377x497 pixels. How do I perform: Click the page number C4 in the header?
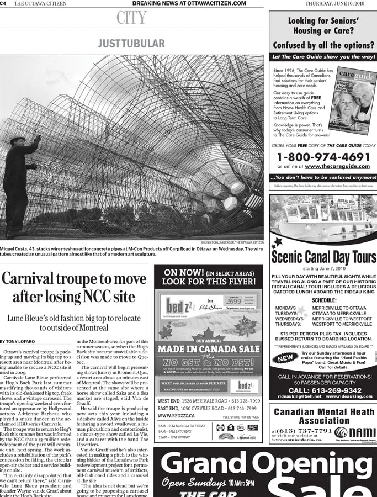coord(3,3)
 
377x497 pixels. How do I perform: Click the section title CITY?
coord(131,19)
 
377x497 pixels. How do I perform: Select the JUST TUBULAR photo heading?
coord(131,43)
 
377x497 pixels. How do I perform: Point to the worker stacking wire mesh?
coord(19,177)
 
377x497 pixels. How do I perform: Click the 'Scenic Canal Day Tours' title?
coord(323,256)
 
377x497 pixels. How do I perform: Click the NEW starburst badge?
coord(285,358)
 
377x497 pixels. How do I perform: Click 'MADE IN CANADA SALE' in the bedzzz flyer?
coord(209,350)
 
